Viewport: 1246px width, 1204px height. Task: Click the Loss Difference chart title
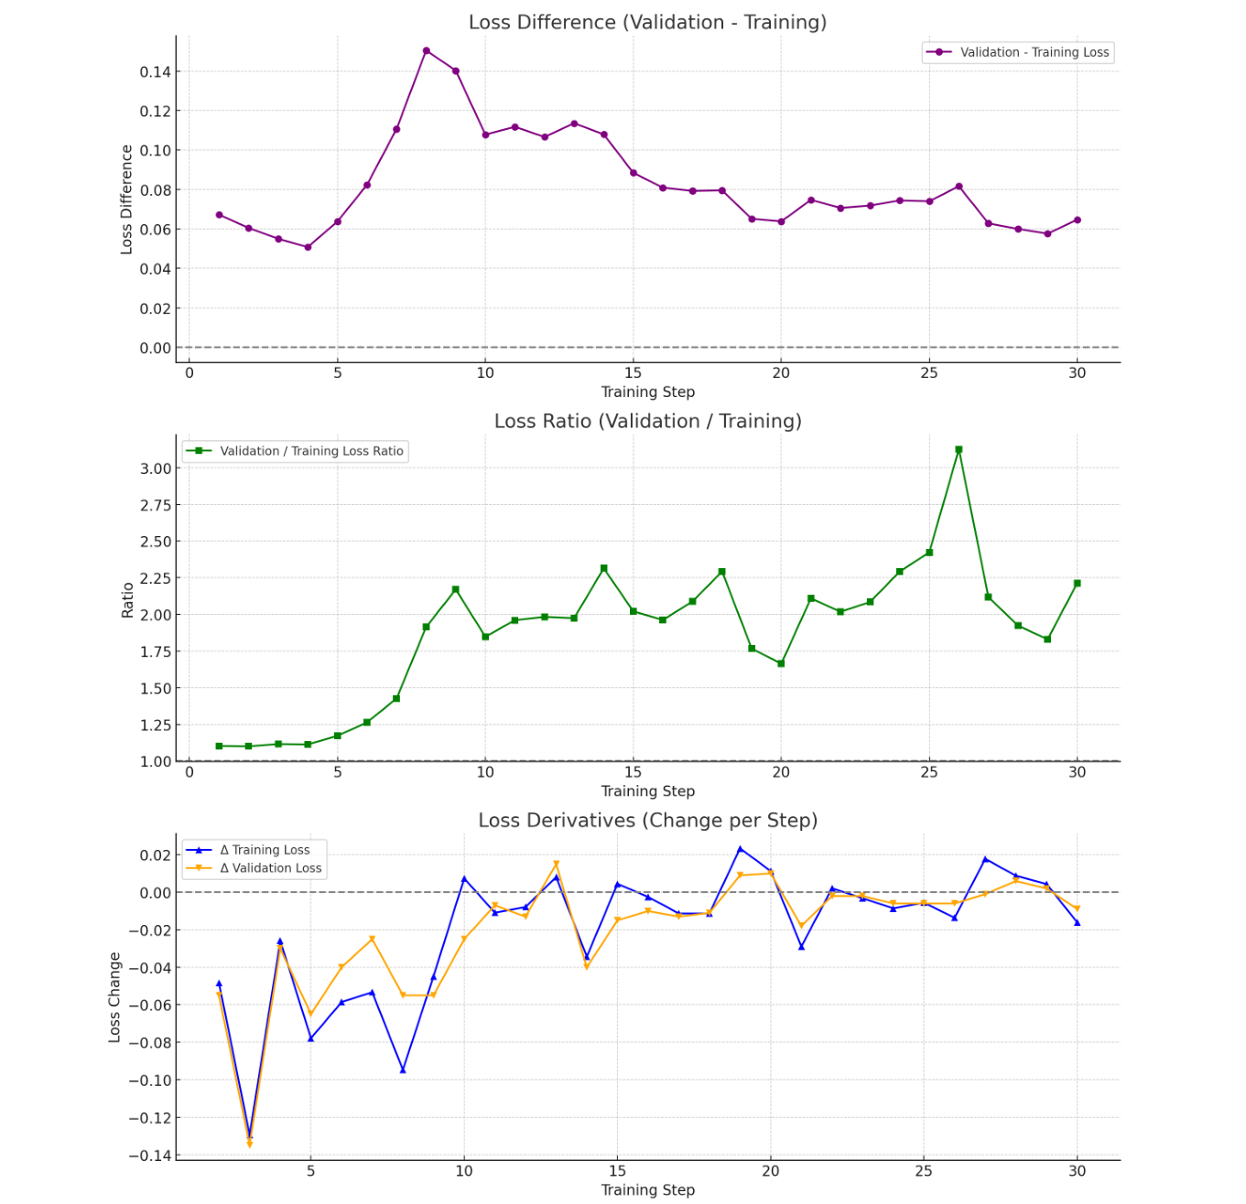[x=647, y=22]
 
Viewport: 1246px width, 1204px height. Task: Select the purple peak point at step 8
[x=427, y=51]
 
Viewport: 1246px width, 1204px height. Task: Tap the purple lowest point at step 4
[x=308, y=247]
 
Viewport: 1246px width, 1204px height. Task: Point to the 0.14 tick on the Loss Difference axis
[x=155, y=71]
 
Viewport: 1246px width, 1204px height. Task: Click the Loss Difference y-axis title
[x=126, y=199]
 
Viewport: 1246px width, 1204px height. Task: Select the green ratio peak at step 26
[x=959, y=450]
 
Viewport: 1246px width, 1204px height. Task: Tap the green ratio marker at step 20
[x=781, y=663]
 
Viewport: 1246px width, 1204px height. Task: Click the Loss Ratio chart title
[x=647, y=421]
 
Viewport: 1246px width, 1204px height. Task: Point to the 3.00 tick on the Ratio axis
[x=155, y=468]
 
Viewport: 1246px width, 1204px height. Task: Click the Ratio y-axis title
[x=127, y=600]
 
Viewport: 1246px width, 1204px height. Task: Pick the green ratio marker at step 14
[x=603, y=568]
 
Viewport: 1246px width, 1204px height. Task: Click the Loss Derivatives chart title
[x=647, y=820]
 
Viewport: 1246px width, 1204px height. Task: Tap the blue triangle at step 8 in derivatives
[x=403, y=1070]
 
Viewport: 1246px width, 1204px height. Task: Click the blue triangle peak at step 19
[x=741, y=849]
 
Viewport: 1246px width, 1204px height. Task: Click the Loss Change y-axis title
[x=114, y=997]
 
